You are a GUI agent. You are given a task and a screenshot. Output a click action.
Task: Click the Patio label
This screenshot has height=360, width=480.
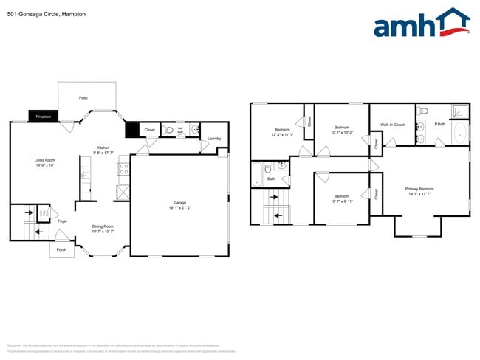84,97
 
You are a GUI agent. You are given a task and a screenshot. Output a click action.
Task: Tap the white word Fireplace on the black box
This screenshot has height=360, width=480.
44,117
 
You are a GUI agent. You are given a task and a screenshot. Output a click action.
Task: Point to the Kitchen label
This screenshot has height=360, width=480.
103,148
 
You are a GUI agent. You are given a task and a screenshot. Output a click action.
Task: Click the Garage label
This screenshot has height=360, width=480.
179,202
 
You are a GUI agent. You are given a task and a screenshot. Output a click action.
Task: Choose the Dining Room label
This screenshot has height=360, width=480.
103,226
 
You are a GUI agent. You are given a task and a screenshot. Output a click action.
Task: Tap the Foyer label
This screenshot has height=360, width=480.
63,221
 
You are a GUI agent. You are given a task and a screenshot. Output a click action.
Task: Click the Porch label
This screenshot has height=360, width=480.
61,249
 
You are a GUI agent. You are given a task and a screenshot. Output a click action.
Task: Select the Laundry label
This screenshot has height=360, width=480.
214,139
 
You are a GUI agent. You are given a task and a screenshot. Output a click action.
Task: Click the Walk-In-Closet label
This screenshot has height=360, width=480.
392,125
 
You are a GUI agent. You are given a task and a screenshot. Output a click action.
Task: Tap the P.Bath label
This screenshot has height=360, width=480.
439,123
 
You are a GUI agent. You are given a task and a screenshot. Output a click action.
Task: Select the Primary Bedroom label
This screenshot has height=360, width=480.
419,189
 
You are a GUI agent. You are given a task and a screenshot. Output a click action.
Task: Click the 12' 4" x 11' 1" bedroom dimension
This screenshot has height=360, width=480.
282,134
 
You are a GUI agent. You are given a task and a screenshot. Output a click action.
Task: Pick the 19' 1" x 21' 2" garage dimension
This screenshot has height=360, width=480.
179,207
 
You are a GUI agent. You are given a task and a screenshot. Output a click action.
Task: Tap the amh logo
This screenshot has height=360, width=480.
421,24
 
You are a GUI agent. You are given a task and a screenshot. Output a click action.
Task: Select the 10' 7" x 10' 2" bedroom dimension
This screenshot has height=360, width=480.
343,133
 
